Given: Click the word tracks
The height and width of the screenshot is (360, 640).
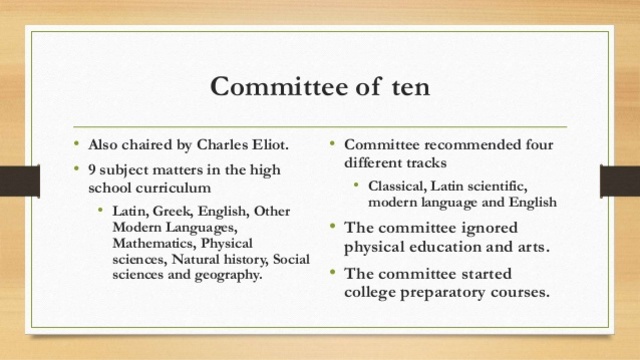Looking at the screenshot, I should click(x=424, y=161).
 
